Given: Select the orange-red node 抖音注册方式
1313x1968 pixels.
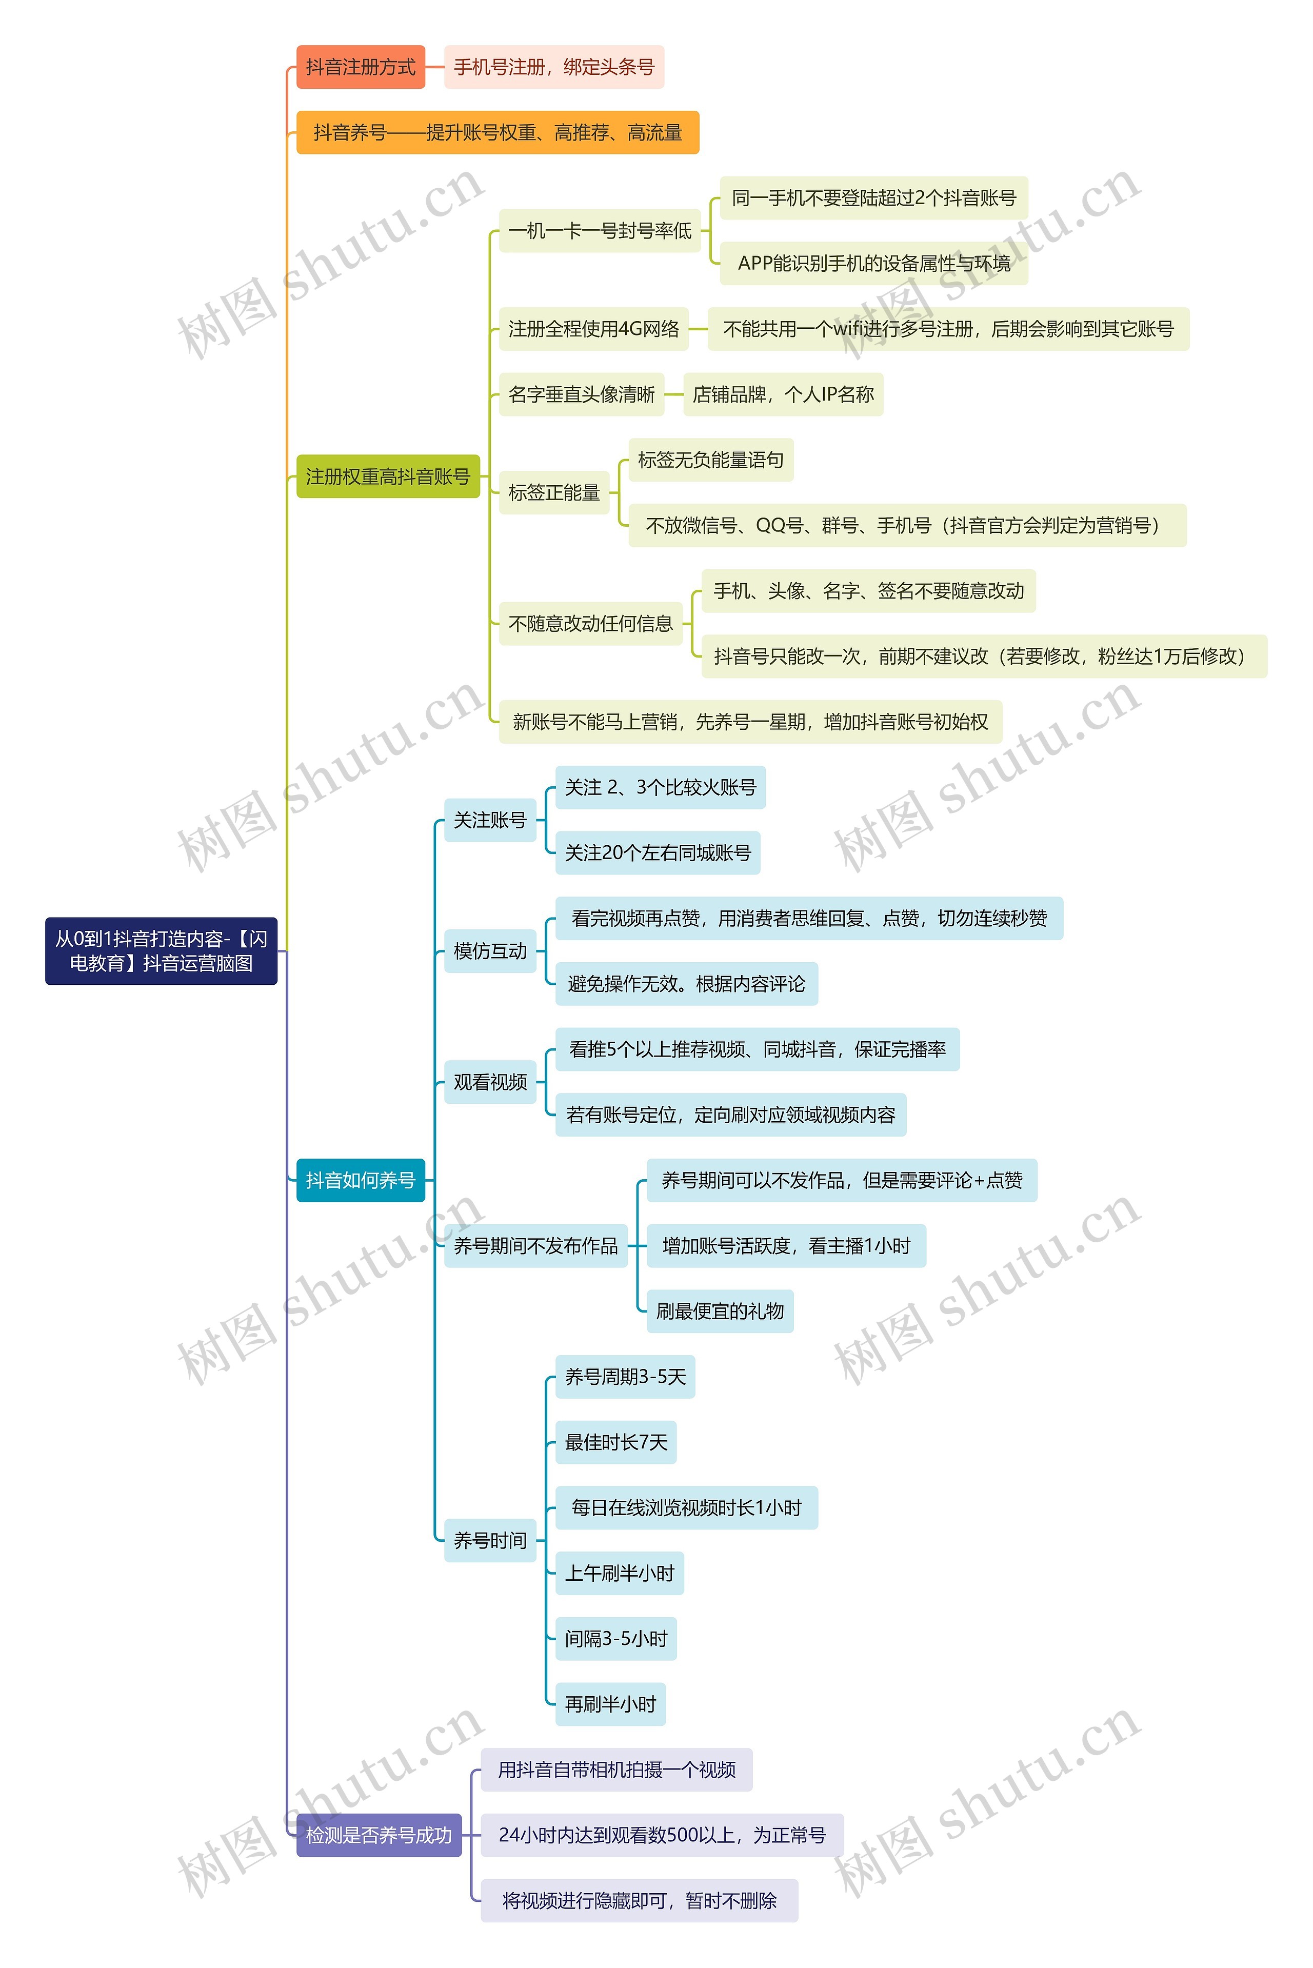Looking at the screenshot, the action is click(360, 67).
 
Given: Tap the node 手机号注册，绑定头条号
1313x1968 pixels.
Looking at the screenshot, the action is click(553, 67).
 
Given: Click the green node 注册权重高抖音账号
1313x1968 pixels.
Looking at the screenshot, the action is click(388, 476).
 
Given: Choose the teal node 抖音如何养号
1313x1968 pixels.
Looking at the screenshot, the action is click(360, 1180).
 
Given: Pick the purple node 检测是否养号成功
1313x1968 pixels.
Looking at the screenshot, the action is click(379, 1835).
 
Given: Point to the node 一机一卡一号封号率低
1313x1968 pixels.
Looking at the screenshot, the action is click(600, 230).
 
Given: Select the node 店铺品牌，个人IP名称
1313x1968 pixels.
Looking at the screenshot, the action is click(783, 394).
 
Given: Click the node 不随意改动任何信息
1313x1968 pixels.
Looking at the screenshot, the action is click(590, 623).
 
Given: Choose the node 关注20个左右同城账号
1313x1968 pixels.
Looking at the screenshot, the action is click(658, 852).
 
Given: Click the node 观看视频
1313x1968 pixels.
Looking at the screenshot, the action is click(490, 1082).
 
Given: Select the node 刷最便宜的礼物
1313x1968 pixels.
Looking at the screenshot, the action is click(719, 1310).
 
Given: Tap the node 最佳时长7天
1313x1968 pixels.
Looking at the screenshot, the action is click(615, 1442).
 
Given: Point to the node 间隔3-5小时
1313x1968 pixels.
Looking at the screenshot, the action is click(615, 1639).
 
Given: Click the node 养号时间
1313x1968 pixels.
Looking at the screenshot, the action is click(490, 1540).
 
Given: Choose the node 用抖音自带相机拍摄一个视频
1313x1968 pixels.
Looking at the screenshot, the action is click(616, 1770).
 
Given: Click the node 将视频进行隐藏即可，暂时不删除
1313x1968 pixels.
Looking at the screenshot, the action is click(639, 1900).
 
